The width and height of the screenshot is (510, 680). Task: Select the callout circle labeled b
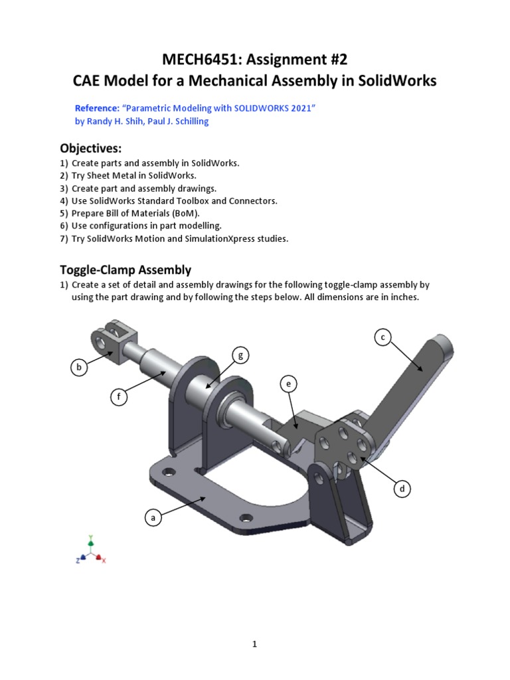click(79, 367)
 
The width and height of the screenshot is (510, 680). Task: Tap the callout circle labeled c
click(382, 337)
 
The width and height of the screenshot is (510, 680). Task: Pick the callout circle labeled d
click(401, 489)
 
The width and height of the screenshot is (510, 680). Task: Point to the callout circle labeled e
click(288, 384)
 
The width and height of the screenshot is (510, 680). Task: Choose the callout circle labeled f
click(119, 398)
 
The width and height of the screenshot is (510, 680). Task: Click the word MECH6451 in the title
click(201, 60)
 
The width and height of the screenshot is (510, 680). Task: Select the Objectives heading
click(91, 147)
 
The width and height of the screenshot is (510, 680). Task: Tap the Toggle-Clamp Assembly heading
click(126, 270)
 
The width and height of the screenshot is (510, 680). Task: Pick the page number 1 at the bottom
click(254, 644)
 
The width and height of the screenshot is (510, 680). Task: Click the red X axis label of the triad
click(104, 560)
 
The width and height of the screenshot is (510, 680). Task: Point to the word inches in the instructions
click(405, 297)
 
